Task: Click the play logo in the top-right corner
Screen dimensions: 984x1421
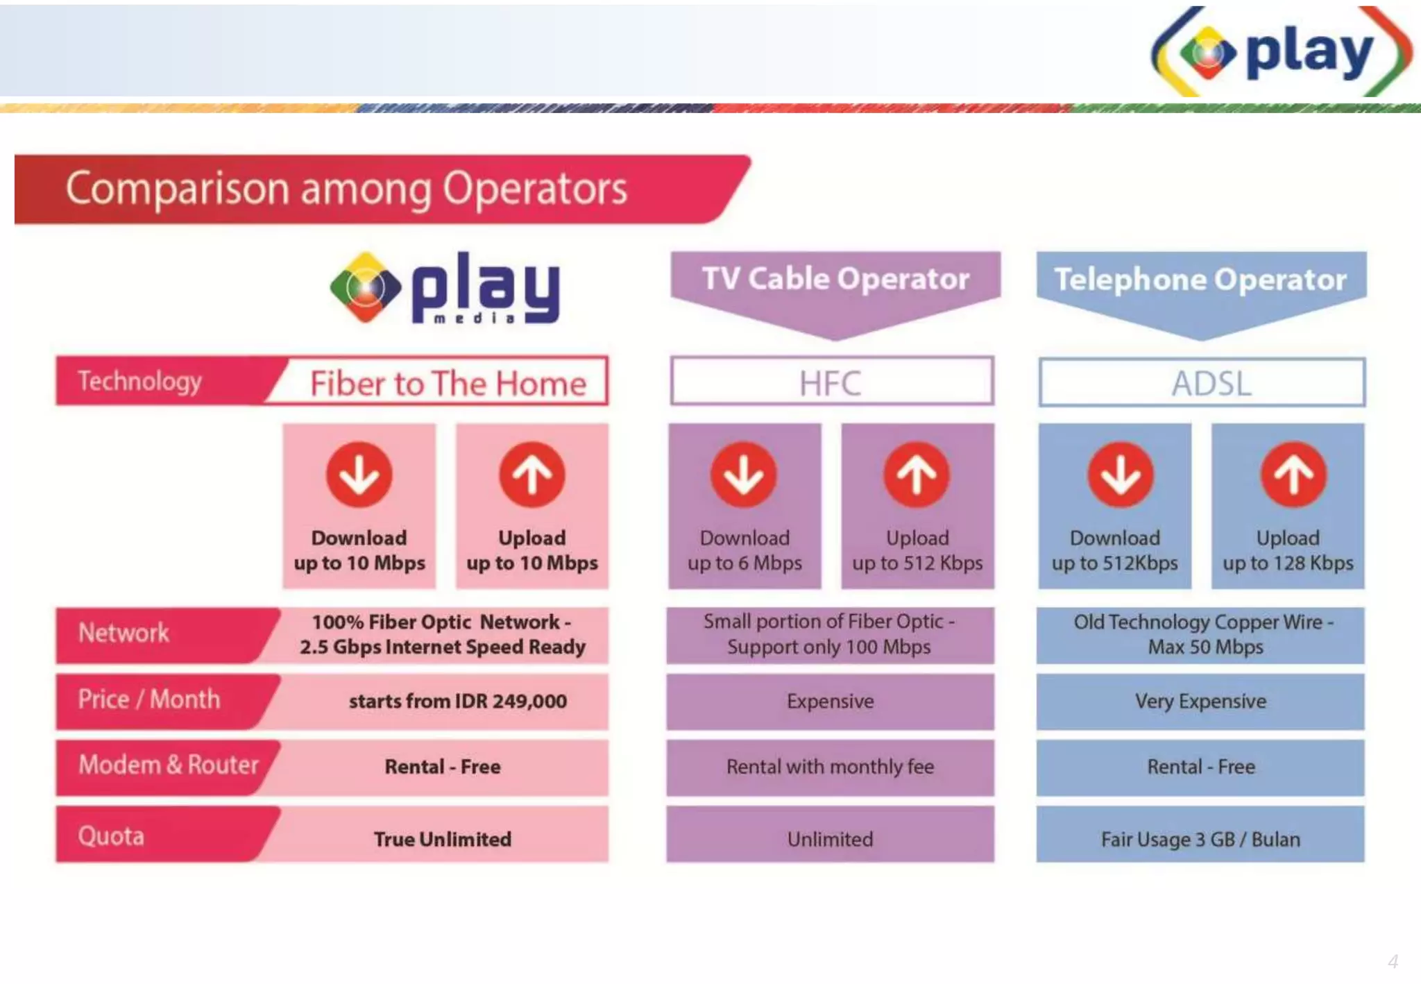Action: click(x=1281, y=51)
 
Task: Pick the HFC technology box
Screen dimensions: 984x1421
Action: click(x=831, y=382)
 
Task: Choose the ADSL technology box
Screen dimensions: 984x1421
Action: click(x=1202, y=382)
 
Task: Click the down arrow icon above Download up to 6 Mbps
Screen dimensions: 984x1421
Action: click(x=743, y=475)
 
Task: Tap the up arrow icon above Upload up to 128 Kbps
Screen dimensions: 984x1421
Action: click(x=1293, y=475)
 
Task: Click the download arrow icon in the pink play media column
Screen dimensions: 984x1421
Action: click(x=359, y=475)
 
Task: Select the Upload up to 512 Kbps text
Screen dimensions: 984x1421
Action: click(x=917, y=550)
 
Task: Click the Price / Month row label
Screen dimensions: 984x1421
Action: click(x=149, y=699)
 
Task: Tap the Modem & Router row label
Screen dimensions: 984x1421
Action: click(x=168, y=765)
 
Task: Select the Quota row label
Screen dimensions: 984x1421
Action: click(x=111, y=836)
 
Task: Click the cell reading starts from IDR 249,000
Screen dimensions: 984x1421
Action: click(x=457, y=701)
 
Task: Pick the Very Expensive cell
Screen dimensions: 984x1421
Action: click(x=1200, y=701)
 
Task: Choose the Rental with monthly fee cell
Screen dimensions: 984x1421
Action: click(x=830, y=767)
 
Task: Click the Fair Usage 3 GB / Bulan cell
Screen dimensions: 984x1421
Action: click(x=1200, y=838)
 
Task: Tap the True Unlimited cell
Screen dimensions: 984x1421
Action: click(x=443, y=838)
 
